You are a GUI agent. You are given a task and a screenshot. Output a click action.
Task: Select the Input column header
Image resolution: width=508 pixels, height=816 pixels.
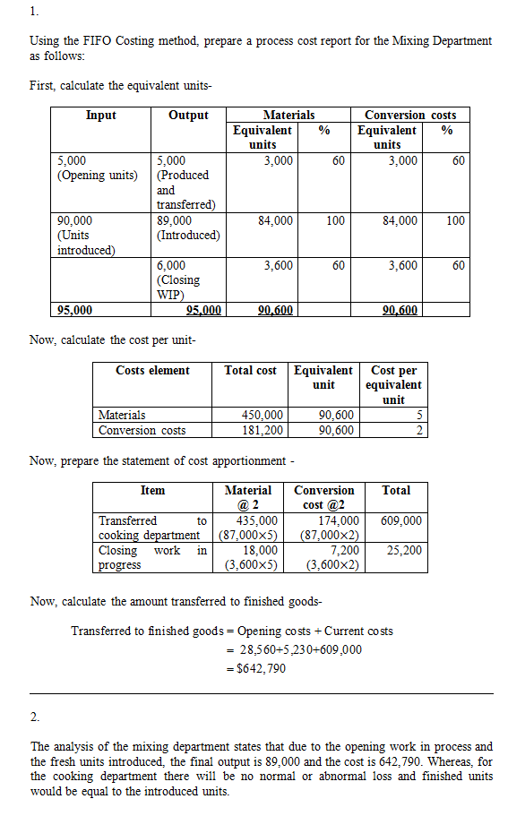(x=101, y=116)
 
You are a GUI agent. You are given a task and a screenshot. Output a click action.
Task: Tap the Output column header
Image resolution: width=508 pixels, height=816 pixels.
(x=188, y=116)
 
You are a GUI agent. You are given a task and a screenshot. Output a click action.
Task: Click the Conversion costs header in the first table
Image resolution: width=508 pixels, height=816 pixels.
(x=409, y=116)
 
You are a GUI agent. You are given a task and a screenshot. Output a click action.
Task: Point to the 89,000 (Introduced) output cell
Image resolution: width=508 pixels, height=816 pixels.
(x=187, y=228)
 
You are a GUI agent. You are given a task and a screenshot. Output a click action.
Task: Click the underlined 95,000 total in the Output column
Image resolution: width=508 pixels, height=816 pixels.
(x=203, y=311)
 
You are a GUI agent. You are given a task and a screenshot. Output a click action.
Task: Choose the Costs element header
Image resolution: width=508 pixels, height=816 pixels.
(x=152, y=370)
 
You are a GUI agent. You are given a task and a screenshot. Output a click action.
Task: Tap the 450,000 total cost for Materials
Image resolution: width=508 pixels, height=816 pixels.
(x=263, y=415)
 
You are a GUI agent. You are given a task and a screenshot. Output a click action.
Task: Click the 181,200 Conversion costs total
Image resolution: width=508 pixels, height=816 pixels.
(x=263, y=430)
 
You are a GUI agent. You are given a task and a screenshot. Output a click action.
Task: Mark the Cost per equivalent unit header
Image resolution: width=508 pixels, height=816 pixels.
(x=393, y=384)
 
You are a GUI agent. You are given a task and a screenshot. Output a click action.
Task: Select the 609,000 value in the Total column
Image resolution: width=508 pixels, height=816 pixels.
(x=400, y=520)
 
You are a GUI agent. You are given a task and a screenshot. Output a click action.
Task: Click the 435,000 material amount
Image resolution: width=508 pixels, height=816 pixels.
(x=255, y=520)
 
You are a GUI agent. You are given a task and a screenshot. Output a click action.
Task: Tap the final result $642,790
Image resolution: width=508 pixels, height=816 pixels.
(x=259, y=667)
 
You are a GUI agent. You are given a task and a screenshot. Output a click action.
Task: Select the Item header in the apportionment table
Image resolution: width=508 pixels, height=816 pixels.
(x=152, y=490)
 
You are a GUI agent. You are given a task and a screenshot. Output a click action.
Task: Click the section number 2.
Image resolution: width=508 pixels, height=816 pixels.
(x=34, y=717)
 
